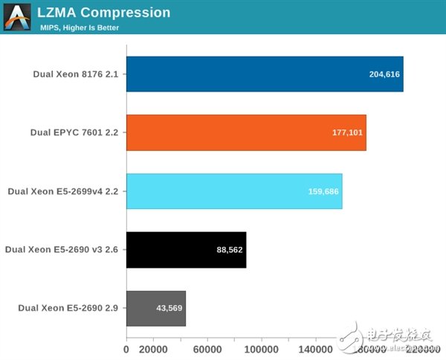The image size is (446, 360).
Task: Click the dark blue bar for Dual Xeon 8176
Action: pyautogui.click(x=264, y=74)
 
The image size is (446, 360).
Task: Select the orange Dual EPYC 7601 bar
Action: pyautogui.click(x=245, y=132)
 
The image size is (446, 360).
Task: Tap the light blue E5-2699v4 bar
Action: pyautogui.click(x=233, y=191)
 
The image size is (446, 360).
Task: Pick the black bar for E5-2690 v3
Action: pyautogui.click(x=186, y=249)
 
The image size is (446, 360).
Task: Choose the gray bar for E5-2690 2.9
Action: pyautogui.click(x=155, y=308)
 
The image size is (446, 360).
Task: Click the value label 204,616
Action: pyautogui.click(x=384, y=74)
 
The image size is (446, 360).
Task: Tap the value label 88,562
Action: pyautogui.click(x=230, y=250)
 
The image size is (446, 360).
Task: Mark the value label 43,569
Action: pyautogui.click(x=169, y=308)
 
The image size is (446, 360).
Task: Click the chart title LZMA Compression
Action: pyautogui.click(x=104, y=13)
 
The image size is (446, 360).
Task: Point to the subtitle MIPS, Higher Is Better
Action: pyautogui.click(x=80, y=28)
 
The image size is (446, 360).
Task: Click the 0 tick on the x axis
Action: pyautogui.click(x=126, y=348)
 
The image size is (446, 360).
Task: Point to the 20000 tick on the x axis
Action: pyautogui.click(x=152, y=348)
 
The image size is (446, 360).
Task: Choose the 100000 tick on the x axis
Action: pyautogui.click(x=262, y=348)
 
